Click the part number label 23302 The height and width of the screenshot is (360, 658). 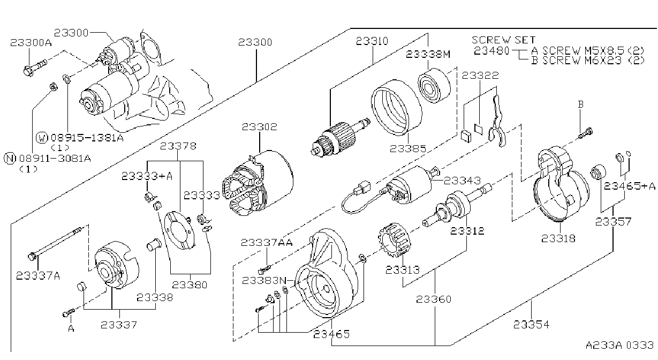coord(259,127)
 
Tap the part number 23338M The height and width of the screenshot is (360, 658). coord(428,54)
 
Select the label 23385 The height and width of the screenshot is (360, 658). coord(408,149)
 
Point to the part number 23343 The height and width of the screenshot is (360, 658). coord(462,181)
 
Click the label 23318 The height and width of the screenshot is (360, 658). coord(558,238)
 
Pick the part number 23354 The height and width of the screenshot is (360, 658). coord(531,325)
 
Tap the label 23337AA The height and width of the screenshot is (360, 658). coord(267,243)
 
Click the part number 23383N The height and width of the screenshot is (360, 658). coord(264,281)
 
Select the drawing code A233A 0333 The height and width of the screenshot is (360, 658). coord(619,344)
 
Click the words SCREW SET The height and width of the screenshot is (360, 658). coord(503,40)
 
